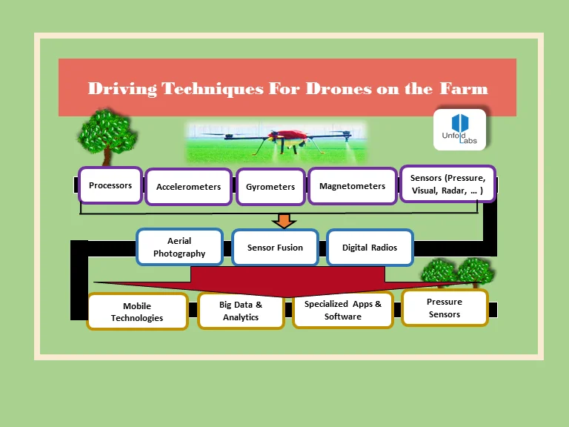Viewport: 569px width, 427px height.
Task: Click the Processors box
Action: click(x=110, y=185)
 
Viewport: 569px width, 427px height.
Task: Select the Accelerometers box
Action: click(x=188, y=187)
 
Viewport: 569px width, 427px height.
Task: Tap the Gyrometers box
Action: click(x=270, y=187)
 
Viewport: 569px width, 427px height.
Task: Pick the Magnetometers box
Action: click(x=352, y=186)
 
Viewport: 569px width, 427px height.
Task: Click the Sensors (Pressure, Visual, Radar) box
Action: click(x=447, y=184)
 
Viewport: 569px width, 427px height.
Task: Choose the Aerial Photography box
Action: click(x=179, y=247)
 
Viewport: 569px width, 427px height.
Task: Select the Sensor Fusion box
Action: click(x=275, y=248)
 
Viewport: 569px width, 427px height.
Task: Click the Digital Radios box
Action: click(x=369, y=248)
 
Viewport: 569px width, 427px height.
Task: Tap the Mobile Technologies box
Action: click(x=137, y=312)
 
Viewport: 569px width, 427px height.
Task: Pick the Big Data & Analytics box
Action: click(x=241, y=311)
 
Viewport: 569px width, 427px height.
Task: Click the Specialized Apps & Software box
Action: click(x=342, y=310)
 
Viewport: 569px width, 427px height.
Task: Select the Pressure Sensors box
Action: click(x=444, y=308)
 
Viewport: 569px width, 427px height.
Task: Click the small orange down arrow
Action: click(x=284, y=220)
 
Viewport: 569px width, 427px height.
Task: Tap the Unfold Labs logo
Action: click(x=459, y=130)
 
